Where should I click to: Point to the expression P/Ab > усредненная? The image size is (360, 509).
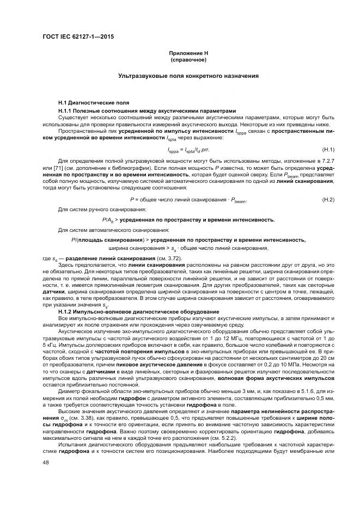click(x=188, y=220)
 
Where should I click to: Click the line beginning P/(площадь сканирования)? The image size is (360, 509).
click(x=188, y=240)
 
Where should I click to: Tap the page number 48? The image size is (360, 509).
click(x=45, y=463)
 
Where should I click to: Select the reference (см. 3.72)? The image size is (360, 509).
click(x=168, y=257)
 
